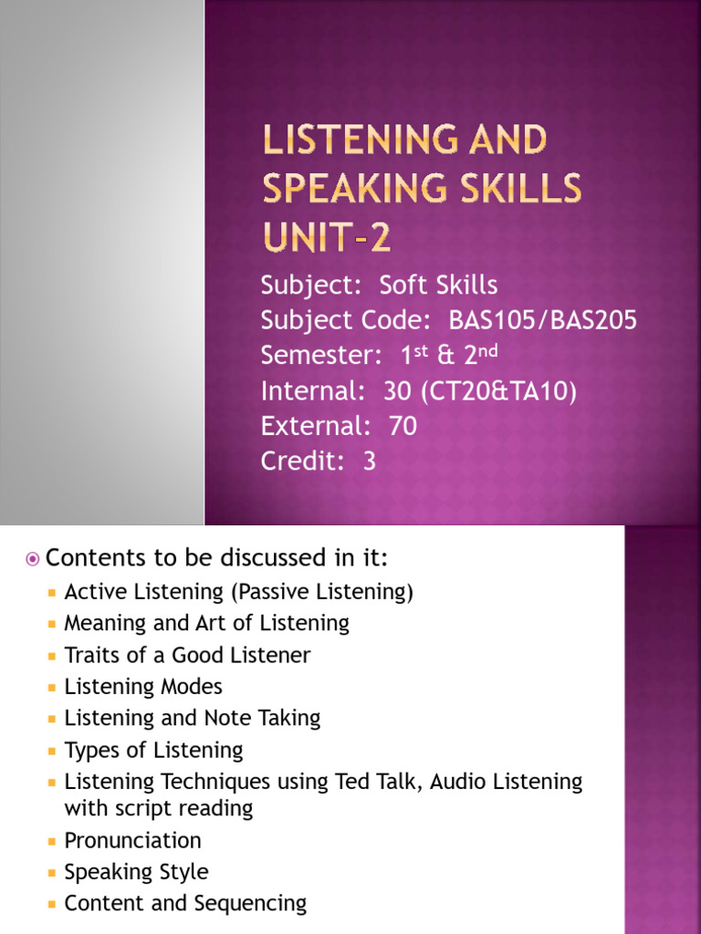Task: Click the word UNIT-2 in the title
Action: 327,237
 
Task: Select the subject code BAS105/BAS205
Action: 543,320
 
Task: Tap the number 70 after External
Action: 403,426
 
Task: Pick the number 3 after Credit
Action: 369,461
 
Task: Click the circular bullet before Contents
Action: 33,558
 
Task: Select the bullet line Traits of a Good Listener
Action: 187,655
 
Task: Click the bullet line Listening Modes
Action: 143,686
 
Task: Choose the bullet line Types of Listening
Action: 153,751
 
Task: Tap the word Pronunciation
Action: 132,840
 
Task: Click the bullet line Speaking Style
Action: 136,872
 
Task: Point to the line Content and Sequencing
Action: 185,904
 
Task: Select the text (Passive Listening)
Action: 322,592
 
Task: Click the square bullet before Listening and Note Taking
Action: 51,719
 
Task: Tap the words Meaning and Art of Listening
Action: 206,623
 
